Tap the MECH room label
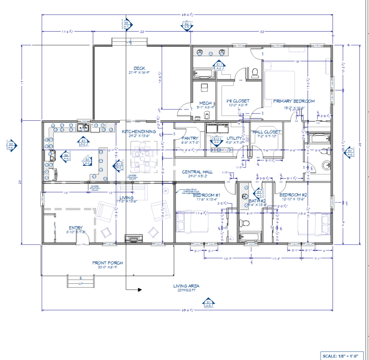pyautogui.click(x=205, y=103)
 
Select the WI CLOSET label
pyautogui.click(x=238, y=101)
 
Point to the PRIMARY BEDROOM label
pyautogui.click(x=294, y=101)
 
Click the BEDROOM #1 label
pyautogui.click(x=206, y=195)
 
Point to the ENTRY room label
pyautogui.click(x=76, y=228)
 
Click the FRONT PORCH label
pyautogui.click(x=107, y=263)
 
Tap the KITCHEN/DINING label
pyautogui.click(x=139, y=131)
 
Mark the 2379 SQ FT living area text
pyautogui.click(x=187, y=290)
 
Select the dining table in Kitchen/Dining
pyautogui.click(x=143, y=158)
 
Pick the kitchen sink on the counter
pyautogui.click(x=83, y=127)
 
